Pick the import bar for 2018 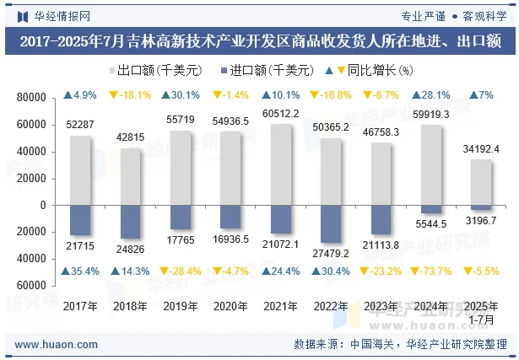tap(131, 222)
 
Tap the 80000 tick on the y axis tap(33, 98)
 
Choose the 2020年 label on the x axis tap(231, 307)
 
